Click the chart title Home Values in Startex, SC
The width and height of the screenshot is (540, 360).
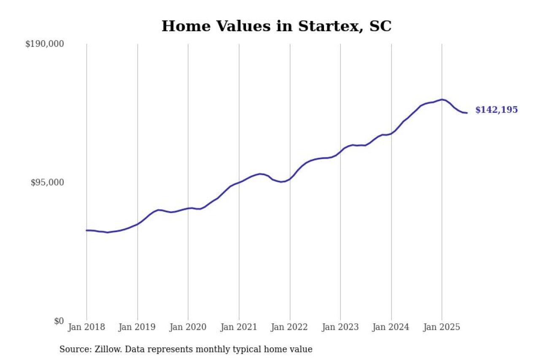(276, 26)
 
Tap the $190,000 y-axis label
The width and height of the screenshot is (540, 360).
(44, 44)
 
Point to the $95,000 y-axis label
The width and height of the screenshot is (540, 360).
(47, 182)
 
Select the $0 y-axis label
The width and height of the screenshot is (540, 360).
(59, 321)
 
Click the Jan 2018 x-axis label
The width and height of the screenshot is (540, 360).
(86, 327)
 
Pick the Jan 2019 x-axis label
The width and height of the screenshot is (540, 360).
(137, 327)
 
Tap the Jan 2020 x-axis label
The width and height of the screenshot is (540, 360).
(188, 327)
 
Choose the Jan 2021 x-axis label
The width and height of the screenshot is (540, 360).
(239, 327)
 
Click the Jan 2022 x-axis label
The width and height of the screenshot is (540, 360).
(290, 327)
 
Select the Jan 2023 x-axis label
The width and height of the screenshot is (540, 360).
(340, 327)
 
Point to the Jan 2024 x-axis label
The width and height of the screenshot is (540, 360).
(391, 327)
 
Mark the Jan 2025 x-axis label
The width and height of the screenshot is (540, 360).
(442, 327)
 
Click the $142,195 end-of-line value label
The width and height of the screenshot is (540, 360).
(497, 110)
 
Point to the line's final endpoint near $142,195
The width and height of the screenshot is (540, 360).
(467, 113)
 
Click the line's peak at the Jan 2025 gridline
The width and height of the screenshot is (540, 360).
(442, 100)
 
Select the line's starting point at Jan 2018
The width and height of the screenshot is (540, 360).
(86, 230)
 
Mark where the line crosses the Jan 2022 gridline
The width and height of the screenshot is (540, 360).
(290, 179)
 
